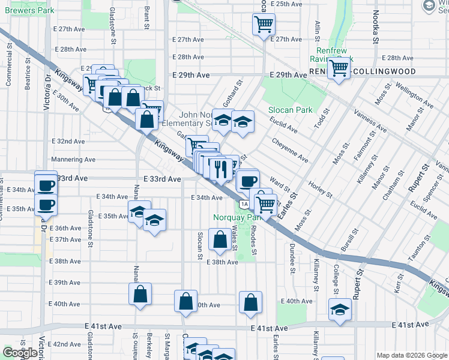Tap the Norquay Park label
click(232, 217)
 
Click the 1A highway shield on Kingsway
click(243, 205)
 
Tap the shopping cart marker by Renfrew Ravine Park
click(339, 68)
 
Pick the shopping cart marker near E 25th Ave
click(264, 25)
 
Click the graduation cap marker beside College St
click(340, 310)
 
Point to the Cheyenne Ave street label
click(290, 149)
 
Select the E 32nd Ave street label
click(68, 141)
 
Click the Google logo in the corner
click(20, 353)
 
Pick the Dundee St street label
click(292, 254)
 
